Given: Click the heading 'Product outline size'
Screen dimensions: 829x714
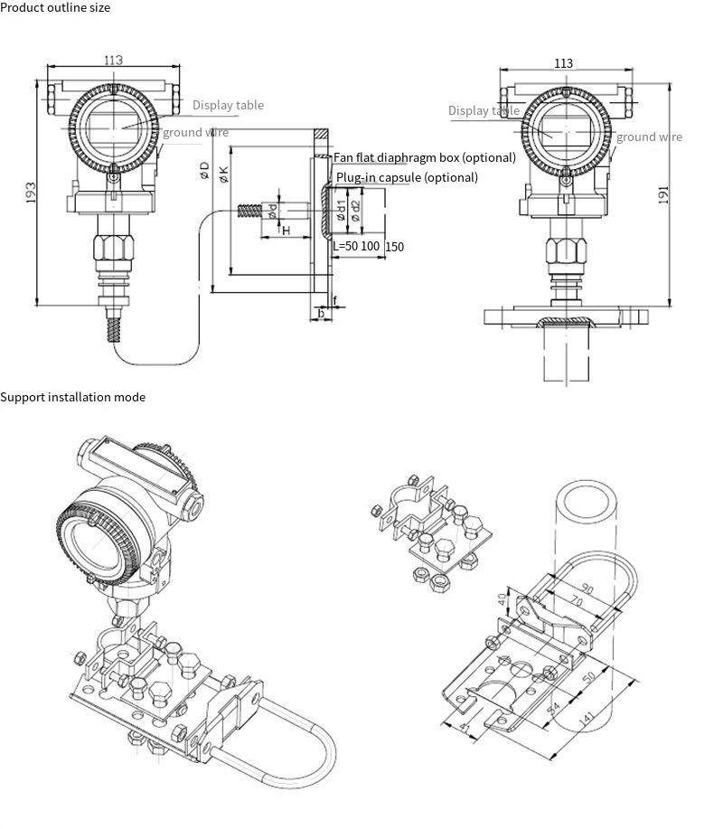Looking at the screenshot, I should click(x=55, y=7).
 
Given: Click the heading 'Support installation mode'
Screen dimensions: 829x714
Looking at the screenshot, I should click(x=72, y=397).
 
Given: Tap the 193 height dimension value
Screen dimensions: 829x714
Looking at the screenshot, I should click(x=30, y=192).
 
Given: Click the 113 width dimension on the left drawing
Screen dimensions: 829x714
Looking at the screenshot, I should click(x=113, y=60).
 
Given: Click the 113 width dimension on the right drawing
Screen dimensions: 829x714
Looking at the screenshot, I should click(x=563, y=63).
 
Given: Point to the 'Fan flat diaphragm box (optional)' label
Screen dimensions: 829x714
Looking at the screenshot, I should click(x=425, y=157).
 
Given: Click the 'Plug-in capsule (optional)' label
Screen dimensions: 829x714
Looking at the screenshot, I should click(x=407, y=177).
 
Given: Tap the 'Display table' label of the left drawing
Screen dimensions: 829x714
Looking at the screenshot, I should click(x=228, y=105).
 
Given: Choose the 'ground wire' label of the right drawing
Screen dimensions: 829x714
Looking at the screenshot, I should click(x=649, y=137).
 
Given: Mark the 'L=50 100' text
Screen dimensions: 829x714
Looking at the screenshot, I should click(x=356, y=246).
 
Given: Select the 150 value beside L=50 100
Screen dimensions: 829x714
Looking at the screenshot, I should click(x=395, y=247).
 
